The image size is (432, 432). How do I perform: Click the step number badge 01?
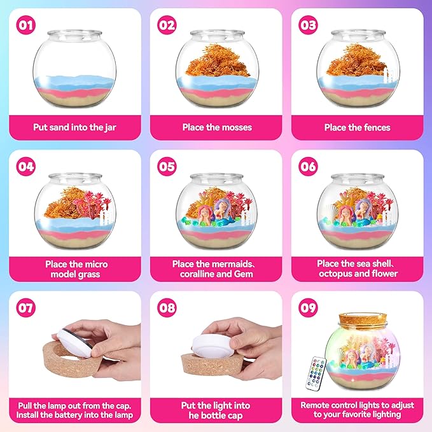point(26,25)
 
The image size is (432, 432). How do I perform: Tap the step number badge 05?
point(167,167)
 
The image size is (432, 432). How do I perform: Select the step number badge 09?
point(308,308)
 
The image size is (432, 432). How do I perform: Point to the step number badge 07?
point(26,308)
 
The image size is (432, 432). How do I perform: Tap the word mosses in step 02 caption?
point(237,127)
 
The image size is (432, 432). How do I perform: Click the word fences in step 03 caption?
point(377,127)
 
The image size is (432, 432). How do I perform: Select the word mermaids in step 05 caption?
point(235,264)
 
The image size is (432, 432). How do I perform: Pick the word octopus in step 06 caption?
point(335,274)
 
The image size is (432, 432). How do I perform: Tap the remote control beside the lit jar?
point(316,373)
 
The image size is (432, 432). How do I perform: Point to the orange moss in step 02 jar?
point(217,60)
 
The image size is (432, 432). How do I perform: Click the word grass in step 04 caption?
point(89,274)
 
